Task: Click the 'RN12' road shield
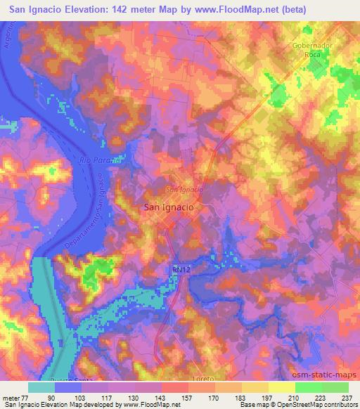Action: [181, 270]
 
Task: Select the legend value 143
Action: [162, 397]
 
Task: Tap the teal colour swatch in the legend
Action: [41, 387]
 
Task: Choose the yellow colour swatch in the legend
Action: [282, 387]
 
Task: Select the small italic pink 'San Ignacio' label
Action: [184, 190]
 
